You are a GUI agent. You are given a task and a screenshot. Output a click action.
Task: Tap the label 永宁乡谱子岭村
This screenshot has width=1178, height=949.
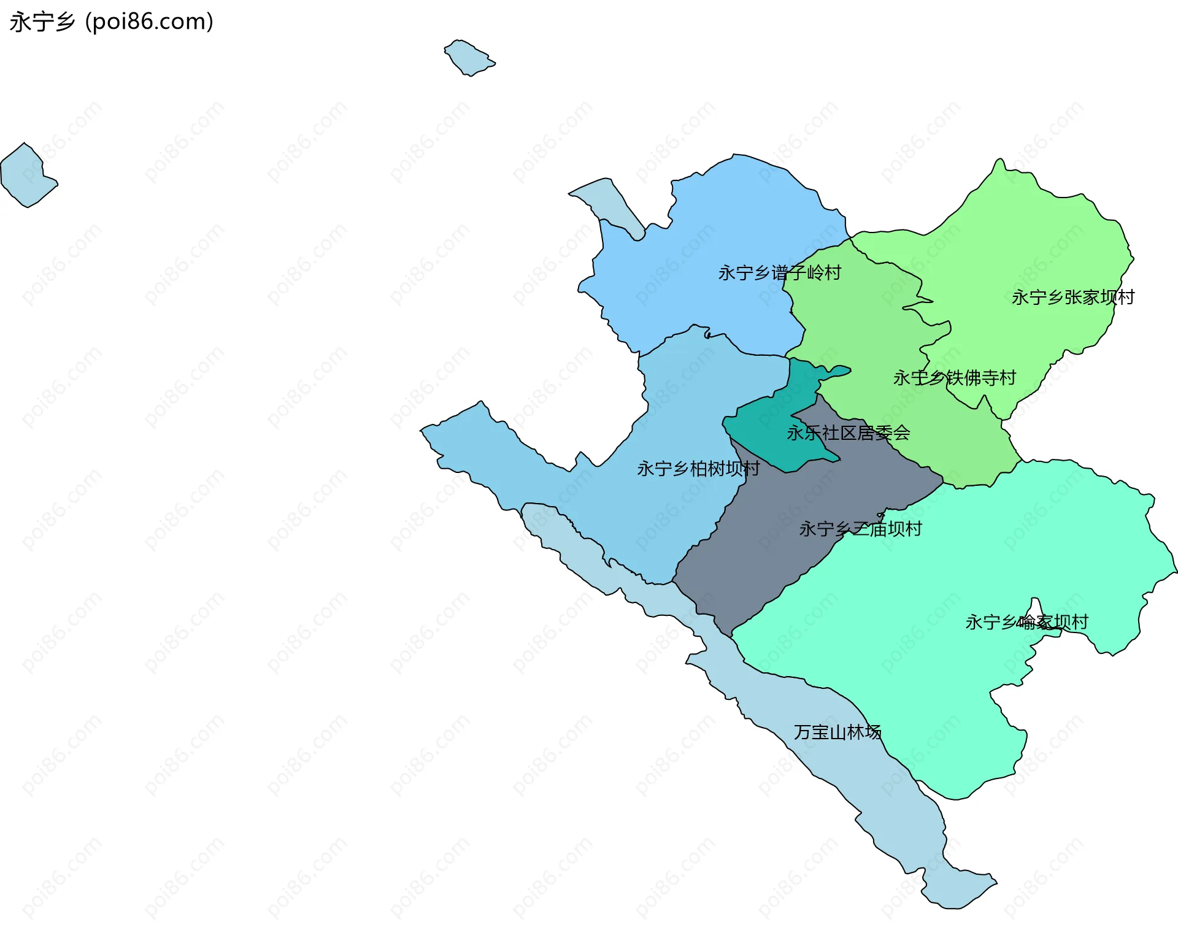coord(779,273)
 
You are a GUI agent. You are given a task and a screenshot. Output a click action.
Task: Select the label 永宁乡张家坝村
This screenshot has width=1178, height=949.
coord(1072,298)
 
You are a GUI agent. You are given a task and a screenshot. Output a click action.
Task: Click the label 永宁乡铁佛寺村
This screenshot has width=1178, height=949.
coord(955,378)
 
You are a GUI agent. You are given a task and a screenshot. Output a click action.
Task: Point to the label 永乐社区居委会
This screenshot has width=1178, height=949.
coord(848,433)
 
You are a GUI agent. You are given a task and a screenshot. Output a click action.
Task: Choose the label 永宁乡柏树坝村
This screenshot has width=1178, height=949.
coord(698,469)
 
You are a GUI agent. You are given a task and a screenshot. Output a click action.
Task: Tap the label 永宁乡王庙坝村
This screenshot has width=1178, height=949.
coord(860,529)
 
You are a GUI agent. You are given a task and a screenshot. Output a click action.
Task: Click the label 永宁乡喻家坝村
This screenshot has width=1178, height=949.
coord(1026,622)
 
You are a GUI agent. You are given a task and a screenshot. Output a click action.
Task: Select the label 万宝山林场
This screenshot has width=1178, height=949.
coord(837,732)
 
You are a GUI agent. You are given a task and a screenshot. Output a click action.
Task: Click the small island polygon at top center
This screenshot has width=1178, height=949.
coord(469,58)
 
